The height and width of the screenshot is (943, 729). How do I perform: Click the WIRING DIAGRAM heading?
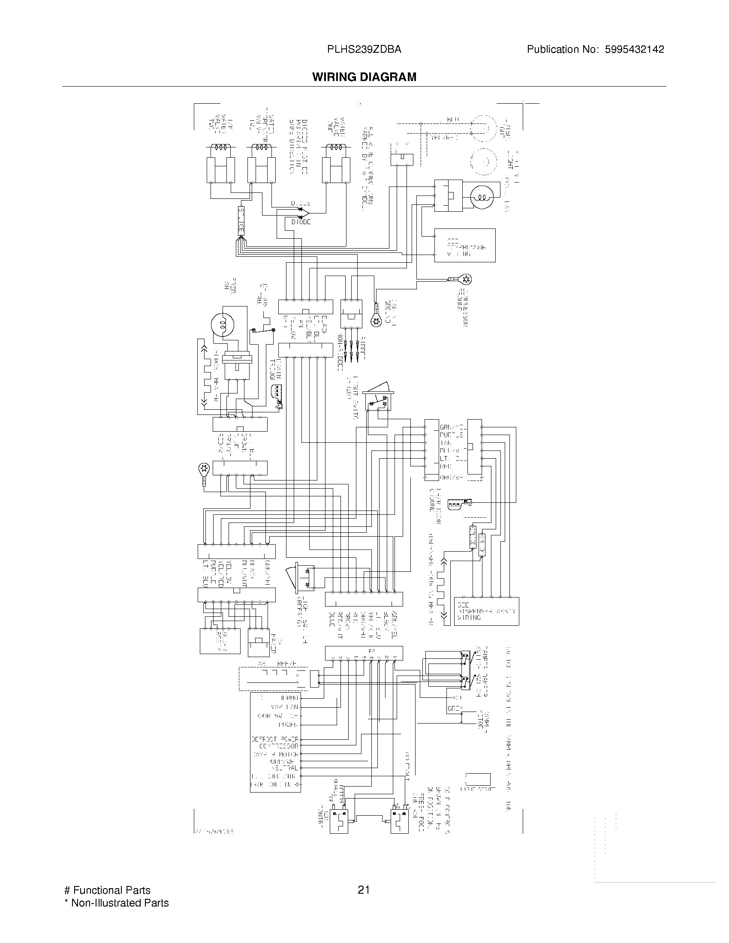coord(364,77)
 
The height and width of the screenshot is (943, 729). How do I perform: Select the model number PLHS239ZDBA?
coord(364,49)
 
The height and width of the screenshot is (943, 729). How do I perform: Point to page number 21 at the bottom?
coord(364,890)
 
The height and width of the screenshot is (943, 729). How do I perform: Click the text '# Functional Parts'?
coord(107,890)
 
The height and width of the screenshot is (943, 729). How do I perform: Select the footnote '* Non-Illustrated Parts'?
coord(116,903)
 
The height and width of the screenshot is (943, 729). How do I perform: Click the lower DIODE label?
coord(301,222)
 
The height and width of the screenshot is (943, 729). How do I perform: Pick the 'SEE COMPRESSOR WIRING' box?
coord(465,245)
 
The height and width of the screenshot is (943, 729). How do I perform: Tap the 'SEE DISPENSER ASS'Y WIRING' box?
coord(486,611)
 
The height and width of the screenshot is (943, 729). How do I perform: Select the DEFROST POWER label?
coord(275,739)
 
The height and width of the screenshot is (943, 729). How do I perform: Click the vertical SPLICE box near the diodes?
coord(241,221)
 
